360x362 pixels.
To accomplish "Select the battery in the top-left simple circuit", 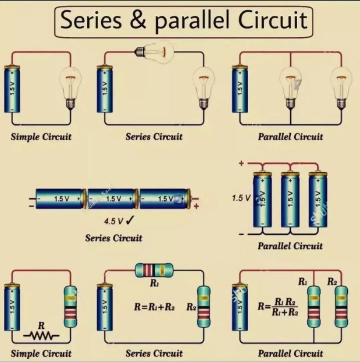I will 13,88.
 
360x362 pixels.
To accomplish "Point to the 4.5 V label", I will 111,221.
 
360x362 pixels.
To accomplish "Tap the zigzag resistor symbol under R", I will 41,336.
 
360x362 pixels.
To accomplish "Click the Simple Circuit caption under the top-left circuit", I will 41,136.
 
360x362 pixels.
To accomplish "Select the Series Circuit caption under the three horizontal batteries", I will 114,238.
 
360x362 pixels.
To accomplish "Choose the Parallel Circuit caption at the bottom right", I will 290,353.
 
